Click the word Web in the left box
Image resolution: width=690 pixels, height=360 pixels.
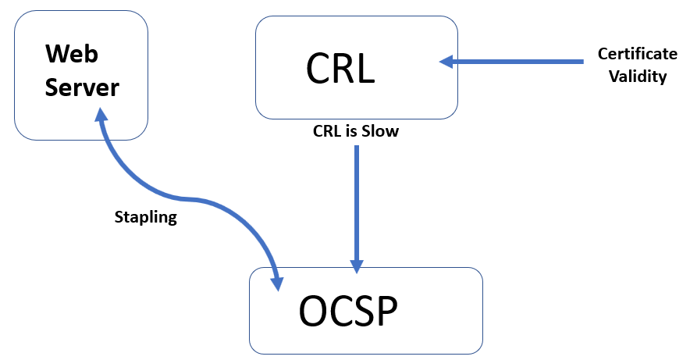(72, 54)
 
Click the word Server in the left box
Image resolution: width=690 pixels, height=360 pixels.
(82, 87)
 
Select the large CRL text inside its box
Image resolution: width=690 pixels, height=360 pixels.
(340, 68)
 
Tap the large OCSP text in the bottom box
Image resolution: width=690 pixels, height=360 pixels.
(348, 311)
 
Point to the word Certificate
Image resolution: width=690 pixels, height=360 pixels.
(638, 54)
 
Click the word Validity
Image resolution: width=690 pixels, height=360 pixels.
(638, 77)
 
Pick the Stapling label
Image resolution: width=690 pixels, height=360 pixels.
(146, 217)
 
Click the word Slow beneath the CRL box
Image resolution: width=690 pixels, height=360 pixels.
(380, 131)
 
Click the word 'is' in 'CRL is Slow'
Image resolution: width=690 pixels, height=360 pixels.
(350, 131)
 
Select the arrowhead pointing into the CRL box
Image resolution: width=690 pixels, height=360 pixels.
(446, 62)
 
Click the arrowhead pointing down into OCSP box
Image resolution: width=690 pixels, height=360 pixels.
(357, 266)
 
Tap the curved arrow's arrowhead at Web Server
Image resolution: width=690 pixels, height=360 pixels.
(101, 115)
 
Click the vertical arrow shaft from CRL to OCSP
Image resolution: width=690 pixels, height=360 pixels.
(357, 202)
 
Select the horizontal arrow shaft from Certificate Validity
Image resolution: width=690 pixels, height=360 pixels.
(518, 62)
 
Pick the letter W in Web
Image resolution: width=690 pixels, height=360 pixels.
(58, 54)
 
